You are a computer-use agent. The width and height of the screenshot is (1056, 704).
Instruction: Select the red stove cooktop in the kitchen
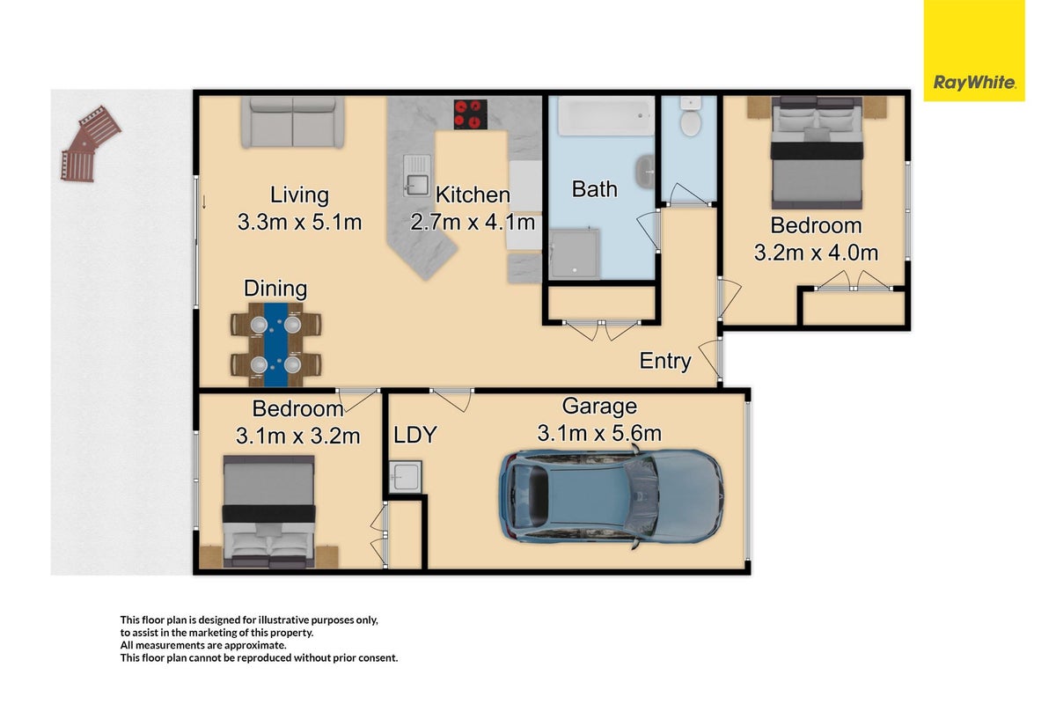[x=470, y=114]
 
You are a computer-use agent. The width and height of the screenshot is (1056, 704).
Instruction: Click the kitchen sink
[x=417, y=175]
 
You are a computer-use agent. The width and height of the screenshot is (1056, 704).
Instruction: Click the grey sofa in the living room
[x=293, y=122]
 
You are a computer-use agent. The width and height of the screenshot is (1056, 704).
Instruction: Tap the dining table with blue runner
[x=275, y=344]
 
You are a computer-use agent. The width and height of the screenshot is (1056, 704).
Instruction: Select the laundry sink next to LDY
[x=406, y=477]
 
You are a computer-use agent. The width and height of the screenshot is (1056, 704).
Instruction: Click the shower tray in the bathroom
[x=574, y=253]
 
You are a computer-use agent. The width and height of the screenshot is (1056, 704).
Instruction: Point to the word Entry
[x=665, y=361]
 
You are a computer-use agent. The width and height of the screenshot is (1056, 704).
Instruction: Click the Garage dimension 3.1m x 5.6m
[x=599, y=433]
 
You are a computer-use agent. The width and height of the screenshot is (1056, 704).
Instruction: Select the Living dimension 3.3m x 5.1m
[x=299, y=222]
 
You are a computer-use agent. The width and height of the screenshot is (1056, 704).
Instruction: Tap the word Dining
[x=275, y=289]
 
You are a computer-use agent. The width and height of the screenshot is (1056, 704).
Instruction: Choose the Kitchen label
[x=472, y=194]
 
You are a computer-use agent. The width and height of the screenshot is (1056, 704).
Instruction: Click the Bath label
[x=595, y=189]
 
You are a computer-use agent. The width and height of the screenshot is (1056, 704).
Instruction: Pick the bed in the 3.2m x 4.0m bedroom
[x=817, y=153]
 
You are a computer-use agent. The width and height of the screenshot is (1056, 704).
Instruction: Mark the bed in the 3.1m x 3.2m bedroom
[x=268, y=511]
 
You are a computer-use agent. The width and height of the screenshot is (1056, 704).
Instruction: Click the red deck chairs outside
[x=91, y=143]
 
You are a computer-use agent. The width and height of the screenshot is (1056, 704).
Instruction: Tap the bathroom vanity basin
[x=645, y=172]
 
